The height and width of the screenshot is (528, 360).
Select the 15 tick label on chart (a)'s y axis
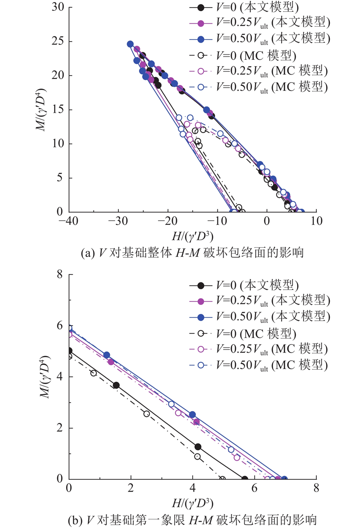click(x=56, y=109)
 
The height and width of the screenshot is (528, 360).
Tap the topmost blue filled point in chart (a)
click(x=130, y=44)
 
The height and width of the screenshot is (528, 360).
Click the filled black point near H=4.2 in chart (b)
click(x=198, y=447)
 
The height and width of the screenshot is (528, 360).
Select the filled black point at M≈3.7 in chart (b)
click(x=116, y=385)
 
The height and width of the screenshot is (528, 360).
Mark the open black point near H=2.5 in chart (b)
click(x=147, y=414)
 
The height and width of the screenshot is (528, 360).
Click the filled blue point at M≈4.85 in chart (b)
click(x=107, y=355)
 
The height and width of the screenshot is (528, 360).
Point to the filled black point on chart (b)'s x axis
click(x=245, y=479)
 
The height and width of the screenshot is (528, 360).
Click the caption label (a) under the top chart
click(x=88, y=253)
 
